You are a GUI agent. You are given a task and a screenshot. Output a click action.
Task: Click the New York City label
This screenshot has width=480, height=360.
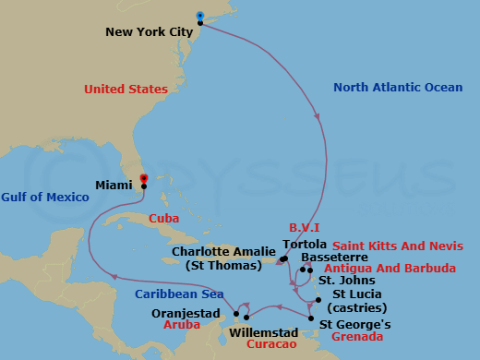tap(149, 31)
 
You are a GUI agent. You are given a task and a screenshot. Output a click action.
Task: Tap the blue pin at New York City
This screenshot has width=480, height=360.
tap(201, 16)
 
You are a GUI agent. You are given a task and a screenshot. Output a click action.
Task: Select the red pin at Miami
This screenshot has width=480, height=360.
tap(143, 178)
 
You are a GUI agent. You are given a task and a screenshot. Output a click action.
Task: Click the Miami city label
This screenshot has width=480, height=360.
tap(114, 185)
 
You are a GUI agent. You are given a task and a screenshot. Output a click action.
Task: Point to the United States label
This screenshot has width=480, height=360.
tap(126, 90)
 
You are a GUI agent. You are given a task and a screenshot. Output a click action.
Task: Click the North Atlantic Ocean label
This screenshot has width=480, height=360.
tap(397, 88)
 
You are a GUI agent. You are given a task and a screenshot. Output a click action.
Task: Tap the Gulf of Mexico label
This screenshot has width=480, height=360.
tap(45, 198)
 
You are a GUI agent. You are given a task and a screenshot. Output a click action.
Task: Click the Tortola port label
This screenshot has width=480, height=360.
tap(305, 245)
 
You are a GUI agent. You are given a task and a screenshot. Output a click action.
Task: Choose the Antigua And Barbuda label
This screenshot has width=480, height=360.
tap(403, 269)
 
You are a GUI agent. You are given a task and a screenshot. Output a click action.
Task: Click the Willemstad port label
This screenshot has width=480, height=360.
tap(264, 332)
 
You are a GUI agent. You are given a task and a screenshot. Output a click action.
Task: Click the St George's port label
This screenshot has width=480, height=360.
tap(355, 324)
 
